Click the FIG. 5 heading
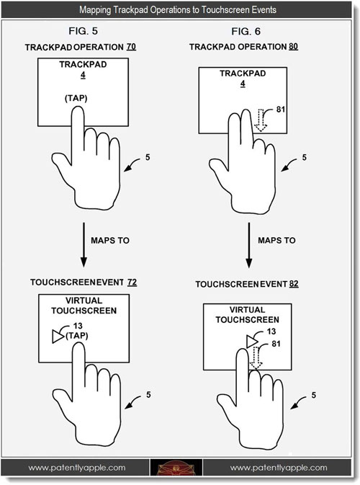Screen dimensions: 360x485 click(x=83, y=31)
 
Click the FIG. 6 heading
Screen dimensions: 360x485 click(x=246, y=31)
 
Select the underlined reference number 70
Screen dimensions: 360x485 click(x=131, y=47)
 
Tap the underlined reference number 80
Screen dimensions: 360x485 click(x=293, y=47)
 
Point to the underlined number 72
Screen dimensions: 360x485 click(x=132, y=282)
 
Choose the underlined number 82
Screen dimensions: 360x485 click(x=294, y=284)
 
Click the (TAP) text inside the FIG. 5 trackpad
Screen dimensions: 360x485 click(x=76, y=98)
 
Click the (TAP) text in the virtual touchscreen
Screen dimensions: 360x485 click(x=77, y=336)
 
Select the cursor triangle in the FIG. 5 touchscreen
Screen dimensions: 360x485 click(x=58, y=337)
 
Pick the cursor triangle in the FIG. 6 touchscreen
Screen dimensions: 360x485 click(x=252, y=342)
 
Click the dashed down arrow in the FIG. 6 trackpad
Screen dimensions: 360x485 click(x=261, y=120)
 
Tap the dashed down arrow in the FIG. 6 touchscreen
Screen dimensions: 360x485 click(x=256, y=357)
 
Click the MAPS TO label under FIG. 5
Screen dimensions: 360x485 click(x=110, y=240)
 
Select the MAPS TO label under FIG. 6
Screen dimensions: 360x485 click(x=276, y=240)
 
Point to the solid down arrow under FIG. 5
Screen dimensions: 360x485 click(x=84, y=245)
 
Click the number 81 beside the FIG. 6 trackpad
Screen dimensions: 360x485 click(x=281, y=110)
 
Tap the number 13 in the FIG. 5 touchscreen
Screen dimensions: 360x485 click(x=78, y=326)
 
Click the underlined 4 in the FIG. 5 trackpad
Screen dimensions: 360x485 click(x=83, y=75)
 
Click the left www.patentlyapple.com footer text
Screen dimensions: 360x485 click(x=77, y=468)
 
